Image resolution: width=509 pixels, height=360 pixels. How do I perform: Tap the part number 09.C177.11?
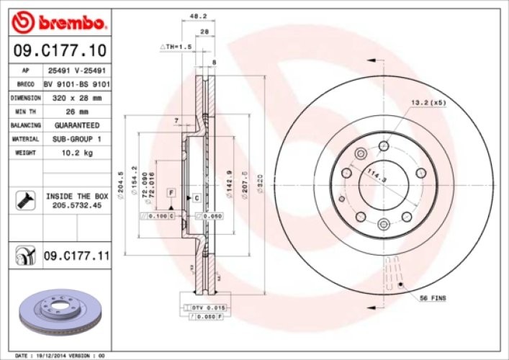(76, 255)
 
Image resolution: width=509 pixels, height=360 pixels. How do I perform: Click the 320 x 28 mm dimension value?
(76, 97)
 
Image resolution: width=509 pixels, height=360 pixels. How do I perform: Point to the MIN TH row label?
(24, 111)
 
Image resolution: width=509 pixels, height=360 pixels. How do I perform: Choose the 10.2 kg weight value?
(76, 153)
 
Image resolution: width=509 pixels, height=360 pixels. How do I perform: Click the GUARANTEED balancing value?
(76, 125)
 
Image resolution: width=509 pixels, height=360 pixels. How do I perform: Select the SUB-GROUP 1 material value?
(76, 138)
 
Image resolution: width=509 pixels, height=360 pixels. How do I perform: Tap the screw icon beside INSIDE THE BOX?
(24, 200)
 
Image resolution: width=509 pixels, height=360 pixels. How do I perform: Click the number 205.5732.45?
(76, 205)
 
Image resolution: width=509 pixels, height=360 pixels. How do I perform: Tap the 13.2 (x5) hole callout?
(428, 102)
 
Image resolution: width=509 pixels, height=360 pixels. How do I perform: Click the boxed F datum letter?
(171, 193)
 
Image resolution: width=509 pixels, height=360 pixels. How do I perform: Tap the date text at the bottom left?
(60, 355)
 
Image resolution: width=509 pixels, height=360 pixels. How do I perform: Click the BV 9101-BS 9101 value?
(76, 84)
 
